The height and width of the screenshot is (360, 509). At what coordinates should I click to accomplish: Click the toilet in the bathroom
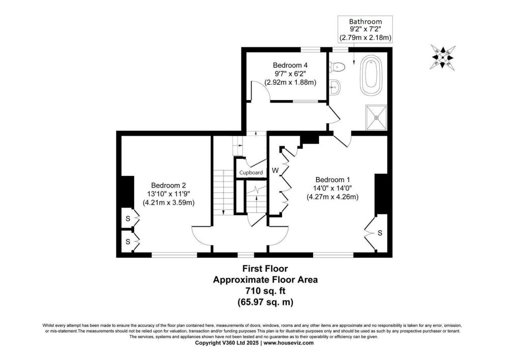point(337,67)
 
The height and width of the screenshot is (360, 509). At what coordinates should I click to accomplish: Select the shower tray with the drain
point(377,117)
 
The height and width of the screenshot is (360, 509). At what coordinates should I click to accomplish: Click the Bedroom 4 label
point(290,65)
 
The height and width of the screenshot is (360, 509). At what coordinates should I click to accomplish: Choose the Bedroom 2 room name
point(169,185)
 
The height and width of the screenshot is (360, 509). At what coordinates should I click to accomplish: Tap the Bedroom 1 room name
point(333,180)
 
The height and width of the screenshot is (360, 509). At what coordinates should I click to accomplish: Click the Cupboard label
point(251,173)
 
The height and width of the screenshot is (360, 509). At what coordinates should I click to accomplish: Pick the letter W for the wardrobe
point(275,171)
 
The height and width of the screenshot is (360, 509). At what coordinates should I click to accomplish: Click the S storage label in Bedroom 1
point(380,233)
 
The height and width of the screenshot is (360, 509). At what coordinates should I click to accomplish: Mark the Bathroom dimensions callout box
point(365,29)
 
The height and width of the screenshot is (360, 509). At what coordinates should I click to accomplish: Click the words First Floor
point(265,269)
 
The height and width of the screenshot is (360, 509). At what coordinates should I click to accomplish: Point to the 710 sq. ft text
point(265,290)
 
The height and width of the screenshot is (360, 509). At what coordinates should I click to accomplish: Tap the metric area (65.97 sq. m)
point(265,302)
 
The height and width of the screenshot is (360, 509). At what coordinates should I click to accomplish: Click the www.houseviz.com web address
point(288,343)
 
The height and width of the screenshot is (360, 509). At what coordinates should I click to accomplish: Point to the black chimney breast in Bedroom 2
point(128,191)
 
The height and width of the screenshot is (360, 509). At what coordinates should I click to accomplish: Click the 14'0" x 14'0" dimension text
point(333,188)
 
